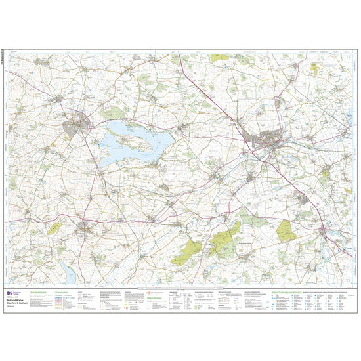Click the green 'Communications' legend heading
pos(62,291)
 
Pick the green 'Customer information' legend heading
pos(38,291)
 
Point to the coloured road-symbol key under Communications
pos(62,301)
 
